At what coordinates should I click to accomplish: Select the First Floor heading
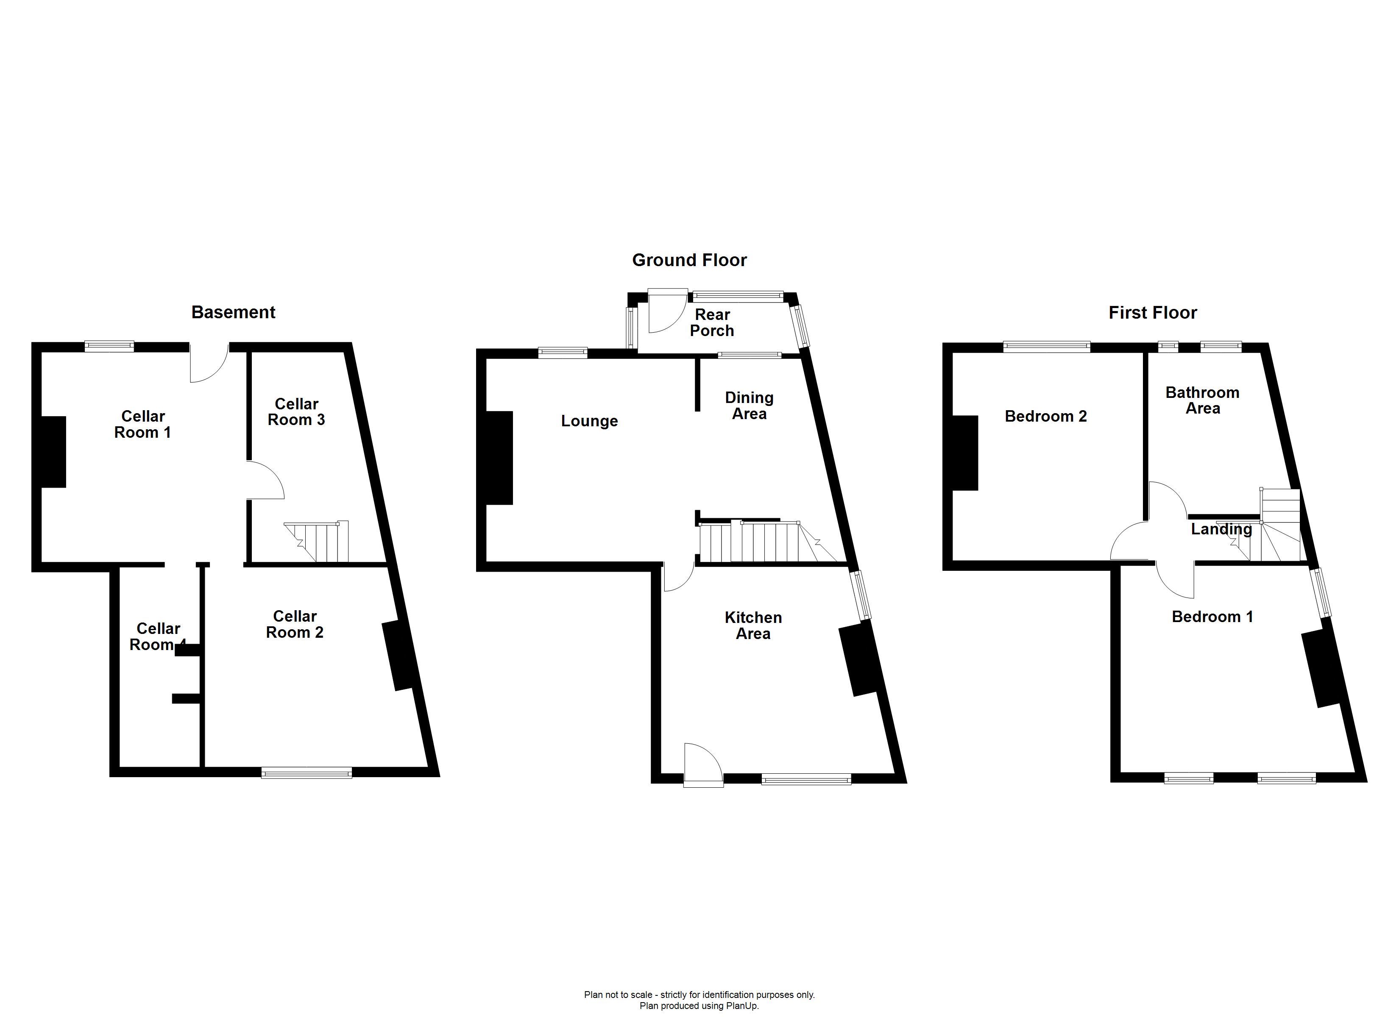tap(1152, 313)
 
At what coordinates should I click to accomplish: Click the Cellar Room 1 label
tap(142, 424)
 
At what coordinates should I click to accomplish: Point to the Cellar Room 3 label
tap(296, 412)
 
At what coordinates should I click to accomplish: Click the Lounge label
tap(589, 421)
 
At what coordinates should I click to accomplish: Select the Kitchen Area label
tap(753, 625)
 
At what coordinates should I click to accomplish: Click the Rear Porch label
tap(712, 322)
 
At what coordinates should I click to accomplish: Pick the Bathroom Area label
tap(1202, 400)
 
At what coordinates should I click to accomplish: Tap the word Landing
tap(1221, 529)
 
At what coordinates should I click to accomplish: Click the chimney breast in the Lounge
tap(500, 458)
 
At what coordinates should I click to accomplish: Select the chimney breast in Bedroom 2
tap(965, 453)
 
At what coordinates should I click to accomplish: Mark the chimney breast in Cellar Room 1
tap(53, 452)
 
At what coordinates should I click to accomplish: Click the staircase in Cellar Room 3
tap(316, 542)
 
